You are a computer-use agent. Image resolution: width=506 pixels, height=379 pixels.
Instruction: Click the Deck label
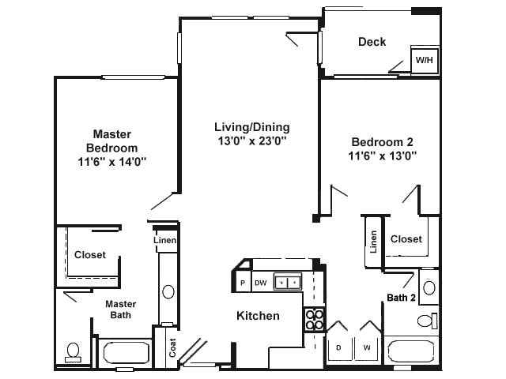(372, 41)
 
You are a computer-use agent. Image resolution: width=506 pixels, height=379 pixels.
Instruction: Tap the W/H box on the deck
(425, 60)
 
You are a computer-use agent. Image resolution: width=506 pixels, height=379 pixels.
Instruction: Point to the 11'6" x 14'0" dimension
(111, 161)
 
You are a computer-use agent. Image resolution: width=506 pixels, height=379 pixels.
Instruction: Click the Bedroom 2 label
(383, 141)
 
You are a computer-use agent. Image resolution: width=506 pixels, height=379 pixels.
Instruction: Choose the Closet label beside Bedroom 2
(406, 238)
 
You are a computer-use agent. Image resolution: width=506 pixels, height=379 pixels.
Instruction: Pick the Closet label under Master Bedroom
(90, 255)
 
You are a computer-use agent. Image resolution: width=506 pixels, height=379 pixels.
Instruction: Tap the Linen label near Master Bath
(165, 240)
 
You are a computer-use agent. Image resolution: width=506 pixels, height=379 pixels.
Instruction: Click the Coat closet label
(172, 348)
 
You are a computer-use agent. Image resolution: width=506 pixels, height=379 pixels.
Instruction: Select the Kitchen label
(258, 316)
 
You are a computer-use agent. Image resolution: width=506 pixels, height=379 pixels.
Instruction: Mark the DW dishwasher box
(260, 282)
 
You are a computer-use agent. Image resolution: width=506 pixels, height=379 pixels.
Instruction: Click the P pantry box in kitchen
(243, 282)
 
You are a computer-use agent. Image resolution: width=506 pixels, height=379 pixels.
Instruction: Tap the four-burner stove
(314, 319)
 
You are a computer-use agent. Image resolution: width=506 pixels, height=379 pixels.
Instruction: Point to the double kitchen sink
(287, 281)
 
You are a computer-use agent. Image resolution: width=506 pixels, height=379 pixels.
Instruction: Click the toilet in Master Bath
(74, 351)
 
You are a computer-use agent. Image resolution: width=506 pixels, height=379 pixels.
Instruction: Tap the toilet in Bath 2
(427, 321)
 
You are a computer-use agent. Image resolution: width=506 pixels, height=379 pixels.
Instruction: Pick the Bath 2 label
(402, 298)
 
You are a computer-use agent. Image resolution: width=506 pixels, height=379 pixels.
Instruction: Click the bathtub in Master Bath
(124, 353)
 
